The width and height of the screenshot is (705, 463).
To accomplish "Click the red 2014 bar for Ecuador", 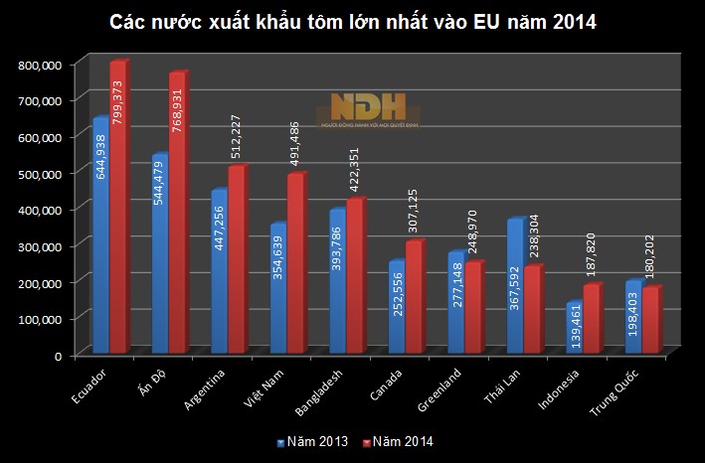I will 118,209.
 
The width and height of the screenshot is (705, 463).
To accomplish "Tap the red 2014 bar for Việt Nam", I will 295,263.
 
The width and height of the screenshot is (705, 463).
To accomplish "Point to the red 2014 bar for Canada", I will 414,298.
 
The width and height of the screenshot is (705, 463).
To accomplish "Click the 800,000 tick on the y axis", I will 41,65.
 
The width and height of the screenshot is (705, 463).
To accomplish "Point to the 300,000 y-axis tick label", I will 41,245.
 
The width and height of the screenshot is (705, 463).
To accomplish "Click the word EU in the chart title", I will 479,20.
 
